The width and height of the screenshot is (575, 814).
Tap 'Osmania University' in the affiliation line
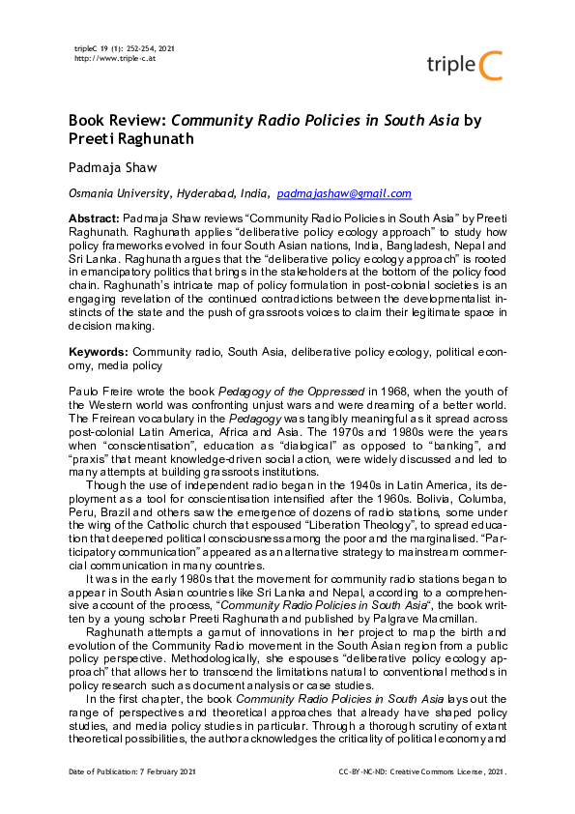tap(110, 194)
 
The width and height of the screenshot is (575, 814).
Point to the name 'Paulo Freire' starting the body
tap(96, 386)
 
